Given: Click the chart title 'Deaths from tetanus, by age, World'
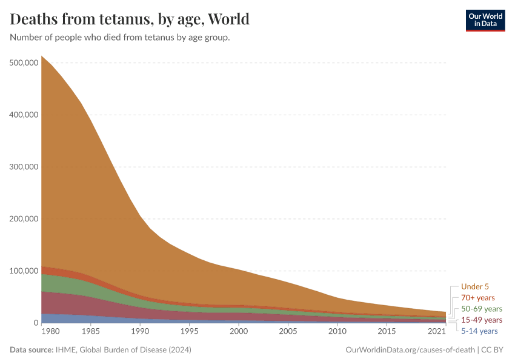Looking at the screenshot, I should pyautogui.click(x=130, y=19).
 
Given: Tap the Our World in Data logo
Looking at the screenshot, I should pyautogui.click(x=485, y=20).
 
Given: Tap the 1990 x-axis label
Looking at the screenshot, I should pyautogui.click(x=140, y=332).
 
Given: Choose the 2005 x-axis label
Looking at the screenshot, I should pyautogui.click(x=288, y=332).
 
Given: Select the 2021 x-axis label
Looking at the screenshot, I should pyautogui.click(x=437, y=332).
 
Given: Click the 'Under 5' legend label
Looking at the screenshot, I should pyautogui.click(x=474, y=287).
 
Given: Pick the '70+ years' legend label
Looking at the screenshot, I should pyautogui.click(x=478, y=298).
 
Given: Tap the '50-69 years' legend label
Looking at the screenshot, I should pyautogui.click(x=482, y=309).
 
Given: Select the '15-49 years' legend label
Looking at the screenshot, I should pyautogui.click(x=482, y=320).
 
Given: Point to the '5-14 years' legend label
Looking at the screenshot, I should pyautogui.click(x=479, y=331).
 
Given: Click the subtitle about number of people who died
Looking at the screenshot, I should pyautogui.click(x=120, y=38).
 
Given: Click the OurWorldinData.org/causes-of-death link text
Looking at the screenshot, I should pyautogui.click(x=410, y=350).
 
